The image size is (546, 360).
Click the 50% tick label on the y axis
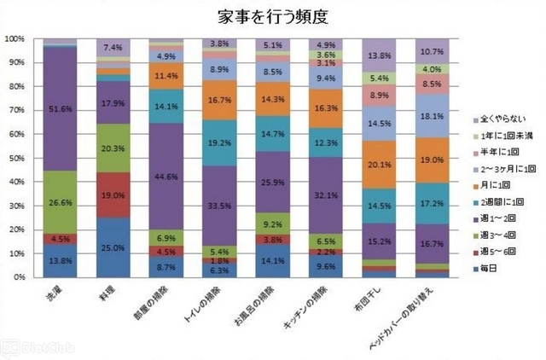pyautogui.click(x=16, y=158)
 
